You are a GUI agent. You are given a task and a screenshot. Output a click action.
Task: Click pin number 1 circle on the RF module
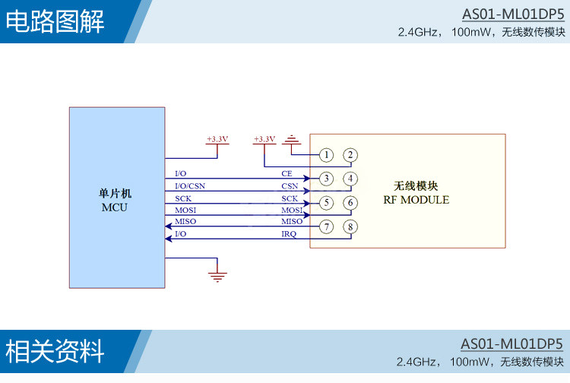pos(327,155)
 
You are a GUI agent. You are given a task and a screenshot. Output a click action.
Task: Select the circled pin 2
pos(350,155)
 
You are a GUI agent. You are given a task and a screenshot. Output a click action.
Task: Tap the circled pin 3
pos(327,179)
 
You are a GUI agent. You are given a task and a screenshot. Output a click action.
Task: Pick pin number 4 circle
pos(350,179)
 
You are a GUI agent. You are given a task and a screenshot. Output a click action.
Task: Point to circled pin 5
pos(327,203)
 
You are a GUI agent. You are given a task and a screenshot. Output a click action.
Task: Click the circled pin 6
pos(350,203)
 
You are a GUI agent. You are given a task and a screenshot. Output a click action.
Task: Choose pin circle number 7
pos(327,226)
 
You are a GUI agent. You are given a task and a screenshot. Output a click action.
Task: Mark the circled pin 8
pos(350,226)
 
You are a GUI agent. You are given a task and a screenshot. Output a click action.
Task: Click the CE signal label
pos(287,174)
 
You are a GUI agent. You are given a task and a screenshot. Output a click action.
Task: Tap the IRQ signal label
pos(289,234)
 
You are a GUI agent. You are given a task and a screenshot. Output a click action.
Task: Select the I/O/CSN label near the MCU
pos(190,186)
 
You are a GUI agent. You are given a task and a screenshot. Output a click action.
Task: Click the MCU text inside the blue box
pos(115,207)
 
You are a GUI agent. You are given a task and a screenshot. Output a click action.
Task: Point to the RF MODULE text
pos(416,200)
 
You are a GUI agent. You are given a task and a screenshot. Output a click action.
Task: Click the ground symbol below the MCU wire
pos(217,276)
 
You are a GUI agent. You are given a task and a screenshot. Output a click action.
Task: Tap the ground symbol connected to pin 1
pos(291,140)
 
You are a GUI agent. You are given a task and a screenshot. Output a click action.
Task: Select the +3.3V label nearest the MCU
pos(217,139)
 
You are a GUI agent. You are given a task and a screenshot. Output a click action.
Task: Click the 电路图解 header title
pos(55,21)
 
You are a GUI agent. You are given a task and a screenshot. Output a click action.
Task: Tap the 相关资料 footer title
pos(55,351)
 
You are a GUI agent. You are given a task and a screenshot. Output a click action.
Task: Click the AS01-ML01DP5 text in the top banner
pos(513,14)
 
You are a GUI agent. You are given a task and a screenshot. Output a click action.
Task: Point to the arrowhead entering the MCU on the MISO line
pos(168,226)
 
